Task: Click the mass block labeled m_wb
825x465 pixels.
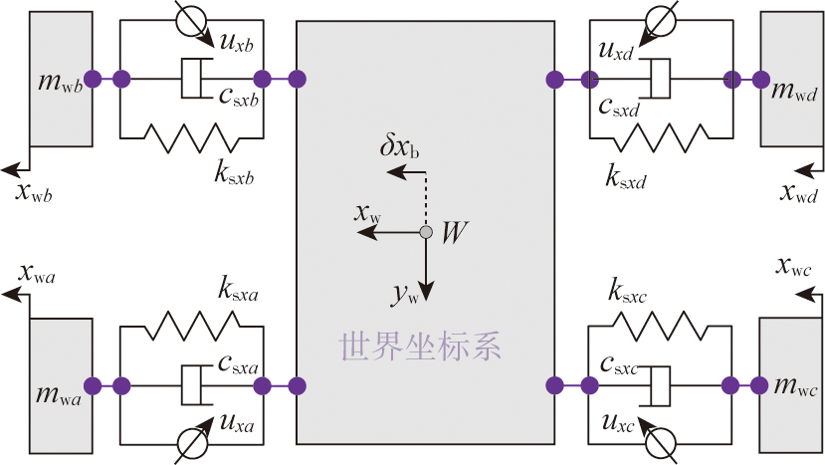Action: [62, 79]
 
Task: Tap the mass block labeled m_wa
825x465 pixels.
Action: [62, 384]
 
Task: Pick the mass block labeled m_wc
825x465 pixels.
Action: [792, 384]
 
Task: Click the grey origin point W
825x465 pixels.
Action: [425, 232]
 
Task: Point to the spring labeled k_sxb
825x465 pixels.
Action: [191, 135]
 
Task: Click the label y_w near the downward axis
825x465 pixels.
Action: [404, 293]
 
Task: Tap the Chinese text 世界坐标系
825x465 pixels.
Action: [420, 347]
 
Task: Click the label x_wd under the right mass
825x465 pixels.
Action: [800, 192]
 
